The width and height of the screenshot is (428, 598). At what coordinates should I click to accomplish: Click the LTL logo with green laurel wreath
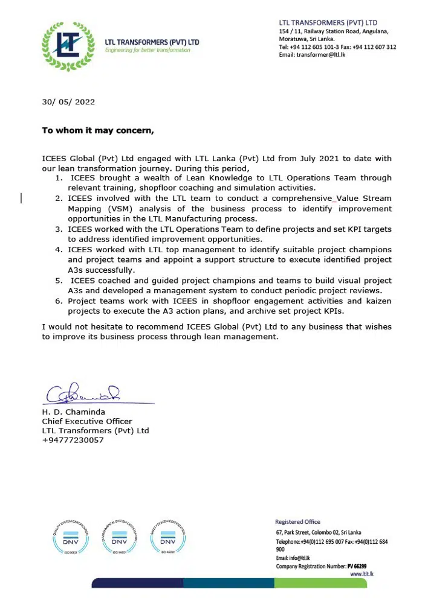click(68, 43)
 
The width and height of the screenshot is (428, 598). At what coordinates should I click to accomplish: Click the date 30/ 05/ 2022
click(68, 102)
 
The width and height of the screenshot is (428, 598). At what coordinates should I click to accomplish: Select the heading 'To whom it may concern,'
click(98, 130)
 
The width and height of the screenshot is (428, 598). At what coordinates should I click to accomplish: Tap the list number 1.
click(58, 178)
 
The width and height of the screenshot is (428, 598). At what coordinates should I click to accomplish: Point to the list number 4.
click(58, 250)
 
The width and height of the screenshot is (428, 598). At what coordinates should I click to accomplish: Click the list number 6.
click(58, 301)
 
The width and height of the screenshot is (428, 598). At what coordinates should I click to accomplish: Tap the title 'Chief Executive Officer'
click(87, 421)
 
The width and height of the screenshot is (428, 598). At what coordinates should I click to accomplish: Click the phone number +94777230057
click(73, 440)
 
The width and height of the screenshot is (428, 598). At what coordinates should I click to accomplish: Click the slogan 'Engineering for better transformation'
click(148, 50)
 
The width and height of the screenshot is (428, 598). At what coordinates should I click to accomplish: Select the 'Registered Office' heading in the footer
click(298, 522)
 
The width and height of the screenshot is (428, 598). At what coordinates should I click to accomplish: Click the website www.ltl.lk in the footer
click(362, 574)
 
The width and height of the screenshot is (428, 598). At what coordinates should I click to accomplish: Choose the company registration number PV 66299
click(357, 566)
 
